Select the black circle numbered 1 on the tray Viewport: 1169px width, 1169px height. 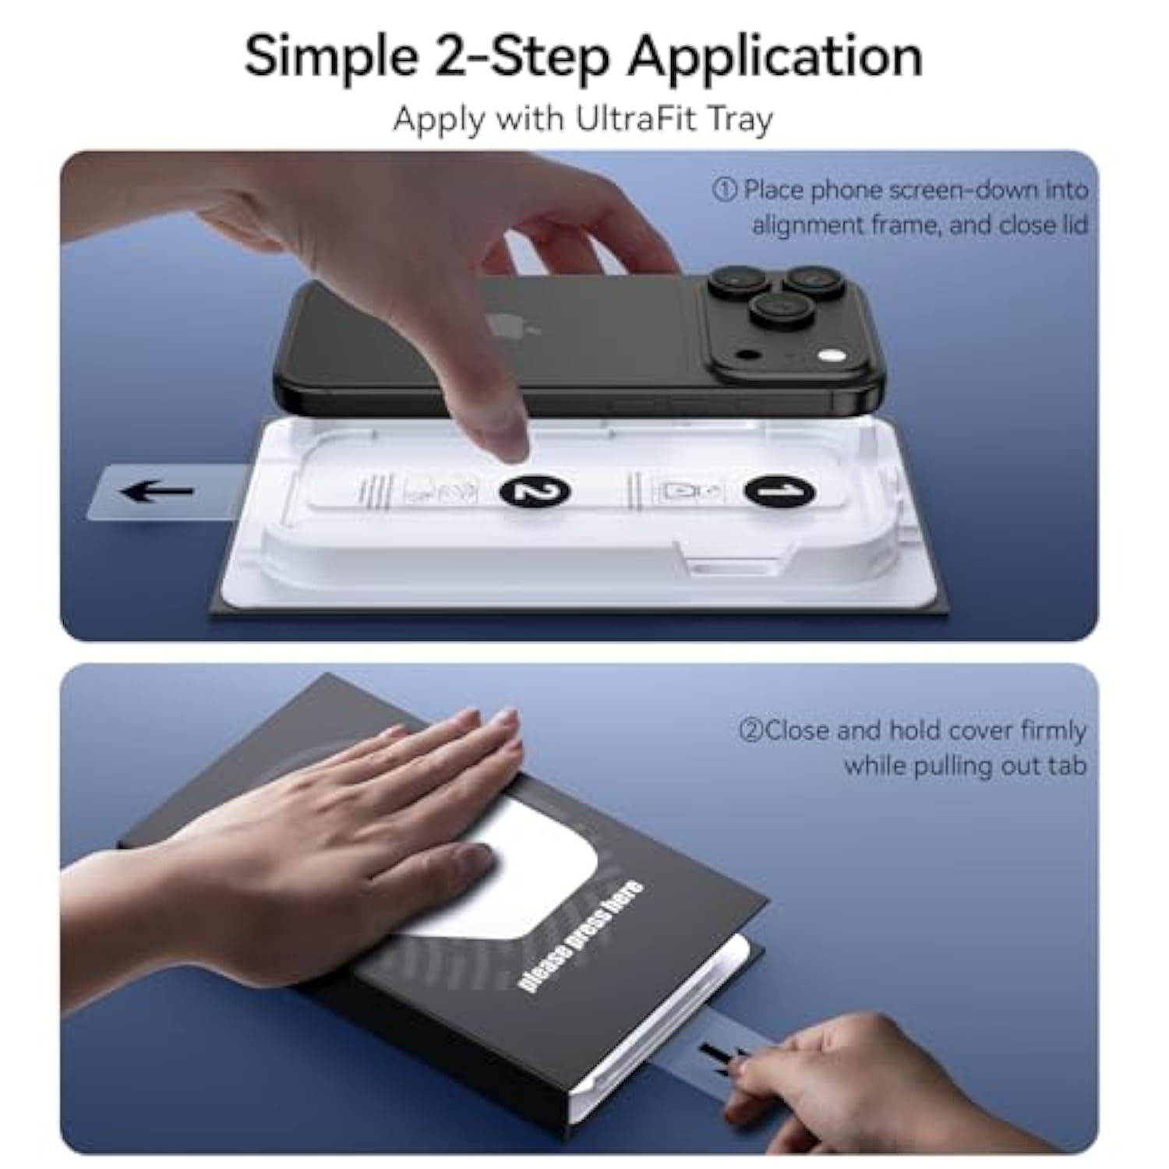click(x=780, y=491)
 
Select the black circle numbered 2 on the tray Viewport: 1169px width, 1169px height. click(x=535, y=491)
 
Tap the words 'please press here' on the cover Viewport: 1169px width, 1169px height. click(x=581, y=936)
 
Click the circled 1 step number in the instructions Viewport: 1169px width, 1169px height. click(x=724, y=190)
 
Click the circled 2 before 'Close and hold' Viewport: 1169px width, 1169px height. click(x=750, y=731)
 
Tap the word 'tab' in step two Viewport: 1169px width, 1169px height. click(x=1067, y=765)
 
